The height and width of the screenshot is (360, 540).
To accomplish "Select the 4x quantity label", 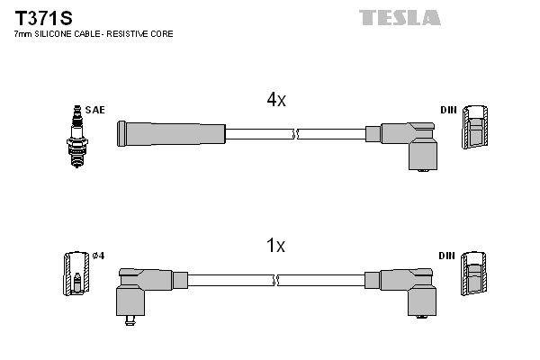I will point(275,101).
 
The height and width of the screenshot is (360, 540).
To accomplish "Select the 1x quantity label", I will point(275,246).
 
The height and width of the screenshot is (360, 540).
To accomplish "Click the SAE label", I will point(96,110).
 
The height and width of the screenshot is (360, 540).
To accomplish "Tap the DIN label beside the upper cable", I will point(448,110).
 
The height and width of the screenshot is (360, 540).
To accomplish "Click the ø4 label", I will point(99,256).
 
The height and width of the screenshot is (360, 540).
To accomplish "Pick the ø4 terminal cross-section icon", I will point(76,274).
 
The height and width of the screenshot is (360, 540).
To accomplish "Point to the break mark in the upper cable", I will point(295,134).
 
